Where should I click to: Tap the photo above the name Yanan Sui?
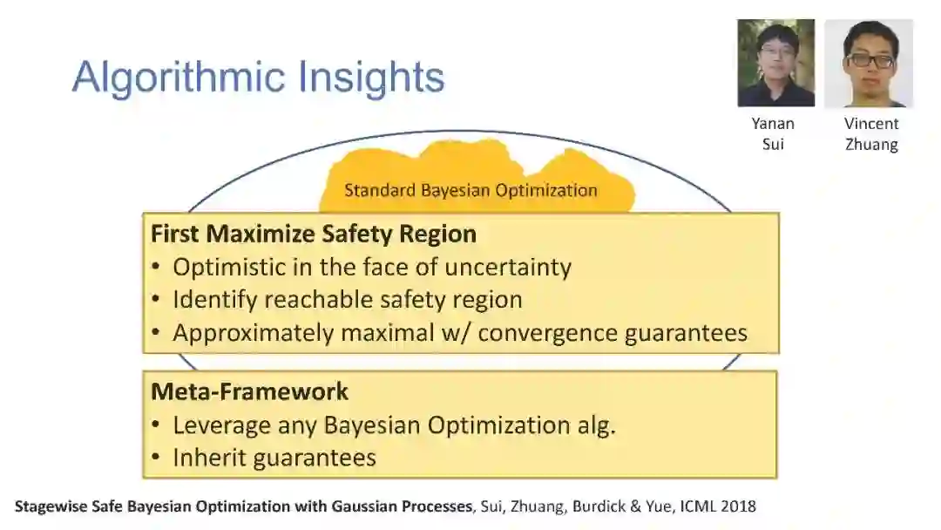tap(776, 63)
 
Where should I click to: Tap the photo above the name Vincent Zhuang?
tap(869, 63)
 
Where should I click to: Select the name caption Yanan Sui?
tap(773, 134)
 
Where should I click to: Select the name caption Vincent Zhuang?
tap(871, 134)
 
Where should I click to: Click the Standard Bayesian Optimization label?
tap(470, 191)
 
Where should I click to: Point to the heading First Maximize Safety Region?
tap(314, 234)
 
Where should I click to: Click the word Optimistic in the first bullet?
tap(229, 267)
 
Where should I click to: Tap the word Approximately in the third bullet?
tap(253, 333)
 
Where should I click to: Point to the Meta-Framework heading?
tap(250, 391)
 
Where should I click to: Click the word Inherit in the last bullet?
tap(207, 458)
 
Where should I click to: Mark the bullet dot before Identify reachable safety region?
tap(156, 300)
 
